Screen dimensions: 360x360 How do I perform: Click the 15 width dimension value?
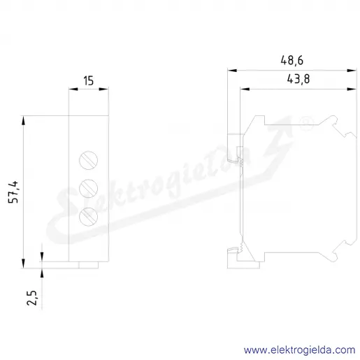click(89, 80)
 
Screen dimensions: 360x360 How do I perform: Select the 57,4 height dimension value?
click(13, 192)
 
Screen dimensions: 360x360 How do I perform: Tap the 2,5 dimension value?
click(32, 298)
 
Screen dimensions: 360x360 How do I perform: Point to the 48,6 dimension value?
click(292, 60)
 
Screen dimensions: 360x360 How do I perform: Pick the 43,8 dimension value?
click(298, 79)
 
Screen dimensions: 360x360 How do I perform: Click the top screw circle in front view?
click(88, 160)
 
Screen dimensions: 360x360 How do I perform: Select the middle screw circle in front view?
click(88, 189)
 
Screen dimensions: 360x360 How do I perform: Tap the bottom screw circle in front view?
click(88, 217)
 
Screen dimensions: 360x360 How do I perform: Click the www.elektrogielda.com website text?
click(300, 350)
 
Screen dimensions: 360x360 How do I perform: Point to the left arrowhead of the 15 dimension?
click(73, 89)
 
